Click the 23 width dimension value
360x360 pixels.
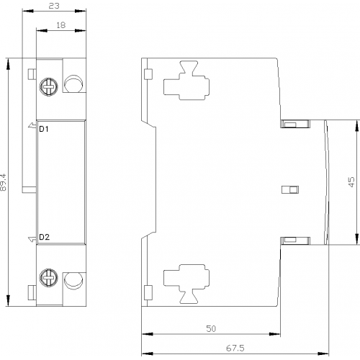click(x=54, y=6)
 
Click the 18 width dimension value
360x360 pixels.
click(x=61, y=25)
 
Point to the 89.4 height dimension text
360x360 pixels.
click(x=4, y=182)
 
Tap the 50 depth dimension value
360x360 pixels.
click(x=211, y=328)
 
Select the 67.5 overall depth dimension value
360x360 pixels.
click(x=235, y=348)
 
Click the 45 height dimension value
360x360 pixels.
click(x=351, y=182)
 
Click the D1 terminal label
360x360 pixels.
click(x=44, y=129)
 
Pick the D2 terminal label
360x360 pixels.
click(x=44, y=237)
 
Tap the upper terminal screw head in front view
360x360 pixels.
click(x=49, y=86)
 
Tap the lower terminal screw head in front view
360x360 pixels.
click(x=49, y=278)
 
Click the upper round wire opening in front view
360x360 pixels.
click(x=74, y=84)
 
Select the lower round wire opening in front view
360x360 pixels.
click(x=74, y=281)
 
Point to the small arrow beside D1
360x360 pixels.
click(x=32, y=125)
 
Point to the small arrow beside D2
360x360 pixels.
click(x=32, y=239)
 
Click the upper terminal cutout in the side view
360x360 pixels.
click(x=186, y=81)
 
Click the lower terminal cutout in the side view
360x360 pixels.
click(x=186, y=284)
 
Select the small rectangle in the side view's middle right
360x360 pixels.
click(x=290, y=189)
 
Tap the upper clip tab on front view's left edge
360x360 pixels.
click(x=32, y=74)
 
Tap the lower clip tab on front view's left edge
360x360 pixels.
click(x=32, y=292)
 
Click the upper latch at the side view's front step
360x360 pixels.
click(x=295, y=124)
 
